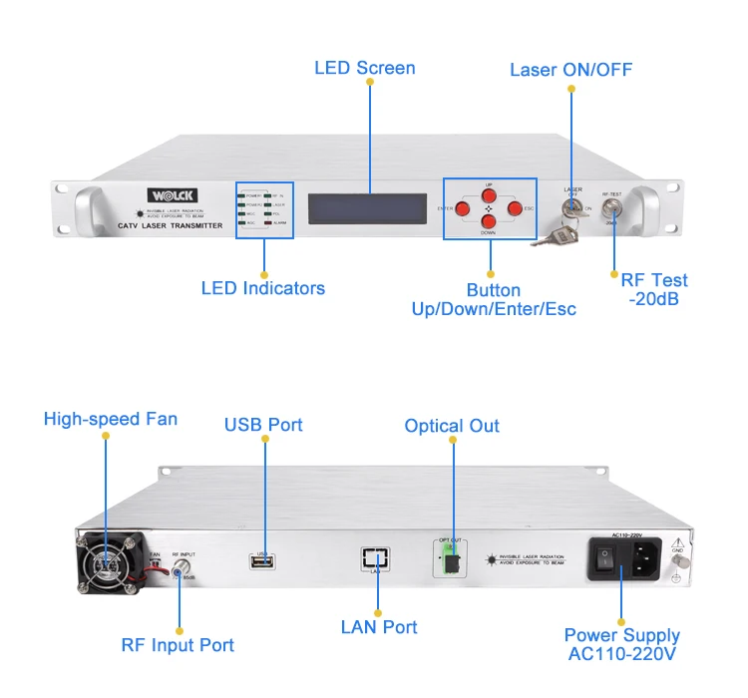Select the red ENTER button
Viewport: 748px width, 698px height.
(463, 208)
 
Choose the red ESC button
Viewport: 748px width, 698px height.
(515, 208)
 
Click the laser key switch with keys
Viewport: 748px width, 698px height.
(571, 208)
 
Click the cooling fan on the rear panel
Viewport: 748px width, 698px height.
(106, 563)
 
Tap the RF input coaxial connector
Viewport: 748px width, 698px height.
(182, 568)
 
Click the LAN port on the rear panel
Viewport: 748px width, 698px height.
(377, 558)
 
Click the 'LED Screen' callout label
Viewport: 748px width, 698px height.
(365, 68)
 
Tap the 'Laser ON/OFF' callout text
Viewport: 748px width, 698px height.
(570, 70)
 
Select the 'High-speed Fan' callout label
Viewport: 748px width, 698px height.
(111, 419)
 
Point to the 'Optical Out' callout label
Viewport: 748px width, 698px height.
(452, 426)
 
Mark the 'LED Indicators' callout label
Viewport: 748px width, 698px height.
(263, 288)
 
